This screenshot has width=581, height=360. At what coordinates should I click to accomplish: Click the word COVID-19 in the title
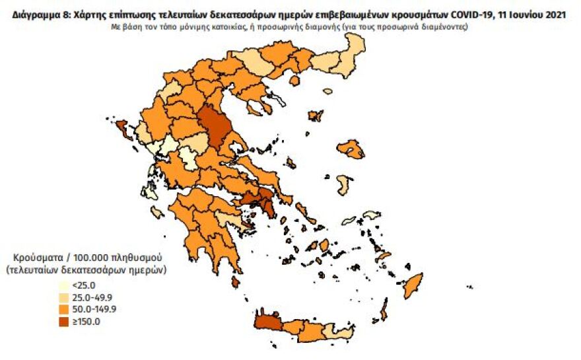pyautogui.click(x=465, y=15)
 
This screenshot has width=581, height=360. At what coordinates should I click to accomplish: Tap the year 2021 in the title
pyautogui.click(x=555, y=15)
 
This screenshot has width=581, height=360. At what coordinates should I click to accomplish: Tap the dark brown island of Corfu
pyautogui.click(x=122, y=127)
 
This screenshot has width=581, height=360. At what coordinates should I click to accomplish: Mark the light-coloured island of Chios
pyautogui.click(x=343, y=184)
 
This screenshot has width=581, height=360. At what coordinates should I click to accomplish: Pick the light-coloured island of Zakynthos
pyautogui.click(x=157, y=212)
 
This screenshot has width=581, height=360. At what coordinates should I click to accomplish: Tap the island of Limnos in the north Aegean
pyautogui.click(x=316, y=116)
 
